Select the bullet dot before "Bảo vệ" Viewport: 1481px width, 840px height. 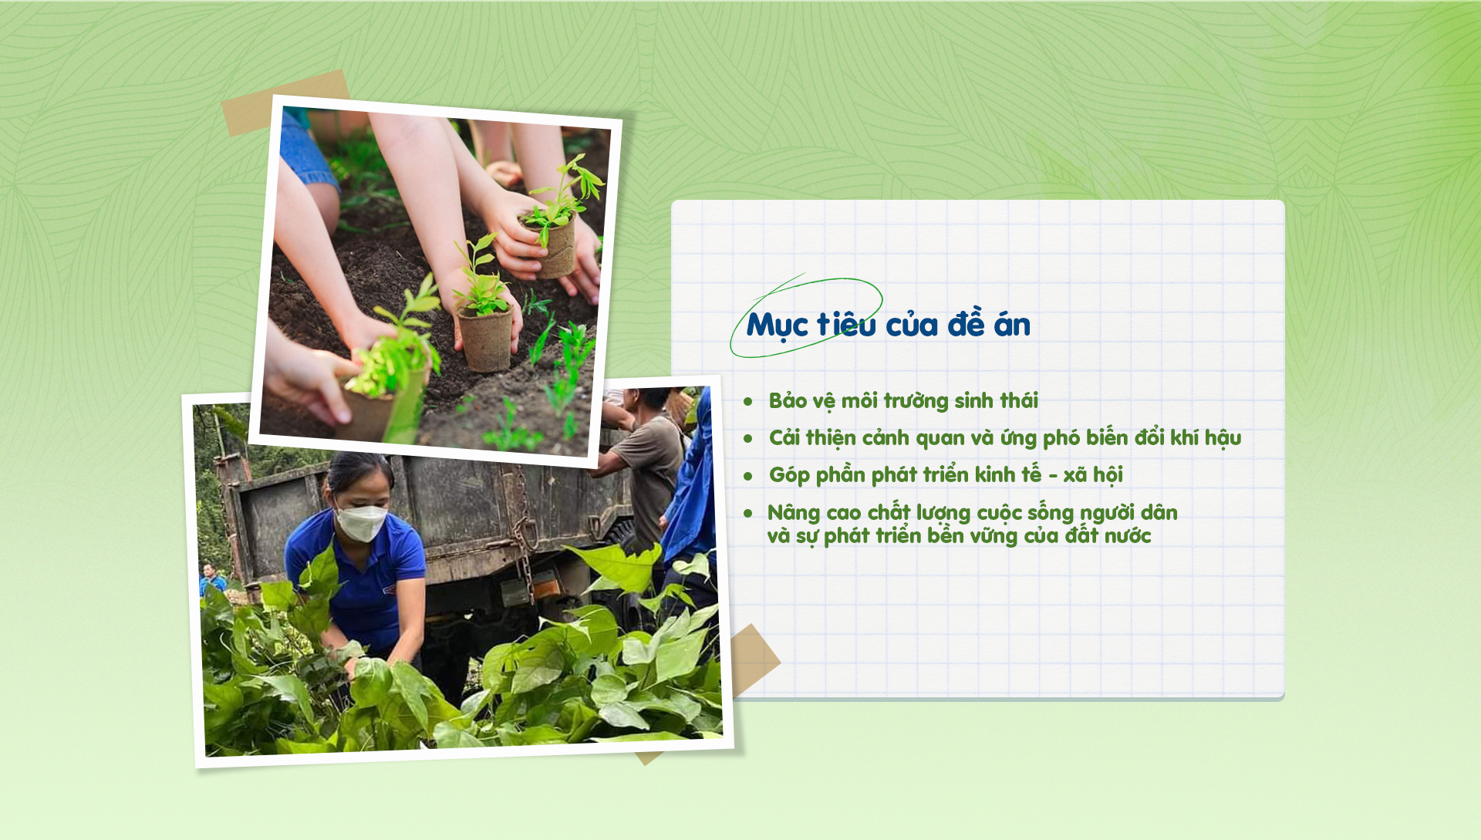[747, 402]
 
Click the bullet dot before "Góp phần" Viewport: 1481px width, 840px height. [747, 477]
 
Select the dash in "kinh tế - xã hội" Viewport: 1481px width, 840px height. [1053, 476]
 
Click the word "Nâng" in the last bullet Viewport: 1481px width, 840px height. [793, 514]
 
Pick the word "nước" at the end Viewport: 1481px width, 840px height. [1128, 536]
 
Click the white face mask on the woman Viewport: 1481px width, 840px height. [359, 522]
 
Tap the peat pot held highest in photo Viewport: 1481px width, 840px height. [555, 246]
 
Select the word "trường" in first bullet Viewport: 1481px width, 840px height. [916, 401]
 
